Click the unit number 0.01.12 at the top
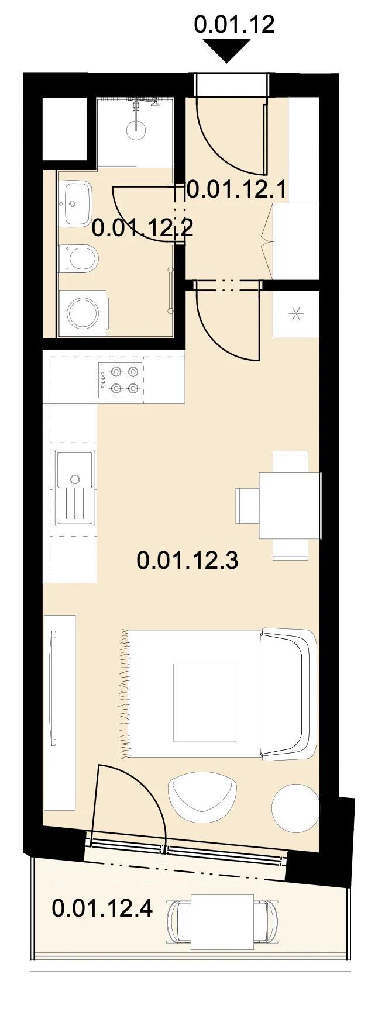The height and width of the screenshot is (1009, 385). click(234, 24)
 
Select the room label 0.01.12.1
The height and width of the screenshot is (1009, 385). click(236, 189)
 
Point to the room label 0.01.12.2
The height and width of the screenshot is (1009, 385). click(142, 227)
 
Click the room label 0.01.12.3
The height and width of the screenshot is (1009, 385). click(187, 560)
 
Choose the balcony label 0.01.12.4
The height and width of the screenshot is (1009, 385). click(102, 908)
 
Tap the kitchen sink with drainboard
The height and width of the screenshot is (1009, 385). click(75, 488)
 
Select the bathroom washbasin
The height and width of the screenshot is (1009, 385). click(77, 204)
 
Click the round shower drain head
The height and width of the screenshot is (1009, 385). click(136, 132)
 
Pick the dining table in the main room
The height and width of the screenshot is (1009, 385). click(290, 505)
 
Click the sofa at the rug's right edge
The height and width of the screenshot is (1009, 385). click(288, 694)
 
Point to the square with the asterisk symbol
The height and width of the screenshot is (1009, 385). click(297, 314)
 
